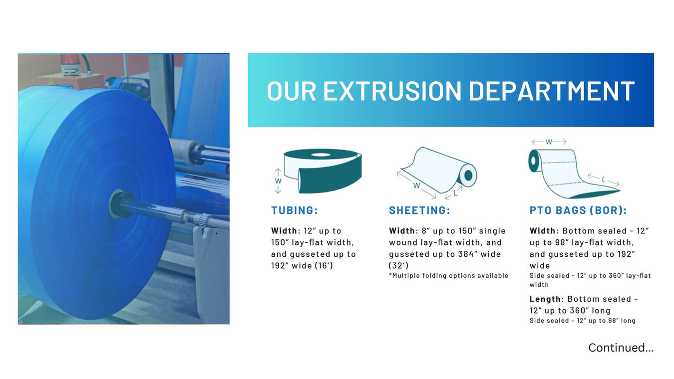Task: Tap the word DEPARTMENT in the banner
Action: point(552,91)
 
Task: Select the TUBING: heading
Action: point(294,210)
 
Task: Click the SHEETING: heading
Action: point(419,210)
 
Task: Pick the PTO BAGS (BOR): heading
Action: point(578,210)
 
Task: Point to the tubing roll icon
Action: point(323,171)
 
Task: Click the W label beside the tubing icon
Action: point(278,181)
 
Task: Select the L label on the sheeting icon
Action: point(455,193)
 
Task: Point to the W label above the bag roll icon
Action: point(549,142)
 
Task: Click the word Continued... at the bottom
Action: point(621,348)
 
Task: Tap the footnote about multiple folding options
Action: point(448,276)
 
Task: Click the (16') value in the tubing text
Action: point(324,266)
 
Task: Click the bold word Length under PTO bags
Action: point(545,299)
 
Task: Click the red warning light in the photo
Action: point(69,64)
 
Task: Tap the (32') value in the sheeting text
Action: point(399,266)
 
